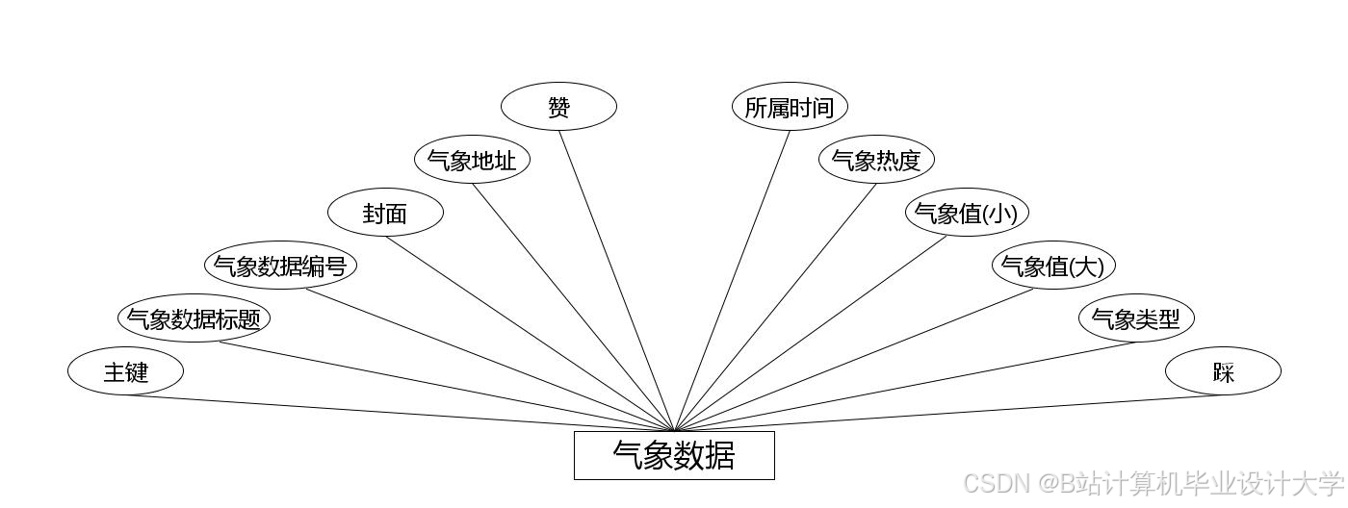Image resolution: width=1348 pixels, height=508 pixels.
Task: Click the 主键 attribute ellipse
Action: tap(125, 370)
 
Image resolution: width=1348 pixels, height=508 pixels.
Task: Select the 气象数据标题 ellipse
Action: tap(194, 317)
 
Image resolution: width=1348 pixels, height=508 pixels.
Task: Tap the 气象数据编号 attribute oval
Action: tap(280, 265)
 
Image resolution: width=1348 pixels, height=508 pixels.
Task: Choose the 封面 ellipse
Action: tap(385, 213)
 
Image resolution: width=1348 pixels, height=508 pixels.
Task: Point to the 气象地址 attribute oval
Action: tap(472, 160)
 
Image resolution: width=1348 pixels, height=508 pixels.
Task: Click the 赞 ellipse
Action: tap(558, 107)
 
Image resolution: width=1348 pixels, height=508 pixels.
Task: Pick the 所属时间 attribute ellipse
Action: tap(790, 107)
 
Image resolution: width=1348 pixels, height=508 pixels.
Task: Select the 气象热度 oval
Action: tap(876, 160)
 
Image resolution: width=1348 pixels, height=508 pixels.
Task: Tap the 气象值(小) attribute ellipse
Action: tap(963, 213)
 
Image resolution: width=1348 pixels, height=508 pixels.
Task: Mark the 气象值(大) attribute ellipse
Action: tap(1053, 265)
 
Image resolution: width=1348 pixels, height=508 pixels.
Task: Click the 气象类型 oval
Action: tap(1136, 317)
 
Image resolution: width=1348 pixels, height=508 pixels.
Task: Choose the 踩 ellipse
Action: tap(1223, 370)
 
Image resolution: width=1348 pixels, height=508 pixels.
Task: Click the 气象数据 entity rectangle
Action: tap(674, 455)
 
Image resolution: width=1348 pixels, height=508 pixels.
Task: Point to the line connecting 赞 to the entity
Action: tap(616, 279)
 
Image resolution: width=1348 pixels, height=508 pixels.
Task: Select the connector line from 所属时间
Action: tap(733, 279)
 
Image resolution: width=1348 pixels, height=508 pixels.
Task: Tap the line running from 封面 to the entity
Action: tap(530, 333)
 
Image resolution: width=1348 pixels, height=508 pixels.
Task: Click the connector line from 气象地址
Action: tap(573, 306)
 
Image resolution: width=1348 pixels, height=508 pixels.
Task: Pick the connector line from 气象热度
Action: tap(776, 306)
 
